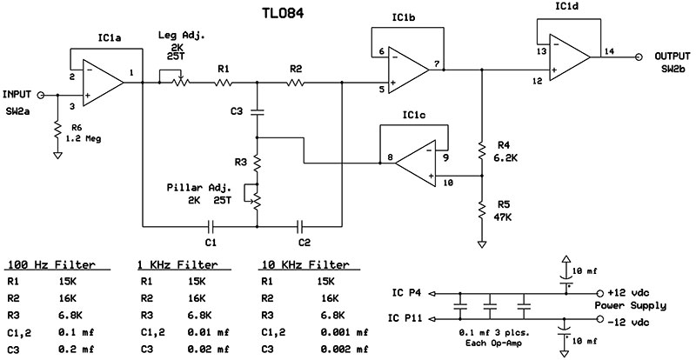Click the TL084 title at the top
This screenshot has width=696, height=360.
tap(282, 13)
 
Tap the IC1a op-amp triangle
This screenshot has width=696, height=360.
tap(103, 83)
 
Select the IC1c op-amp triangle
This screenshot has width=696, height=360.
tap(416, 163)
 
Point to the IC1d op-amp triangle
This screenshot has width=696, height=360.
tap(570, 57)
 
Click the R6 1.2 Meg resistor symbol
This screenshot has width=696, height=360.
tap(57, 130)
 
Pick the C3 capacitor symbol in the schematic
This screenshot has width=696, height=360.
tap(257, 112)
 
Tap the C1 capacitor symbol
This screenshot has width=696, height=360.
tap(211, 226)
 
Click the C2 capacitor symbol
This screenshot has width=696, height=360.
tap(301, 226)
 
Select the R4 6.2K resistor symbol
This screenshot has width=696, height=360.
tap(482, 150)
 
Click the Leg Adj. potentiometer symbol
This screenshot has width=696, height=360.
tap(175, 78)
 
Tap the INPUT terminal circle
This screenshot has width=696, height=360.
tap(40, 95)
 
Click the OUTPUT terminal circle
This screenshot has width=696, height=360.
tap(639, 57)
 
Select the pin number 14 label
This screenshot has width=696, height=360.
tap(609, 50)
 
